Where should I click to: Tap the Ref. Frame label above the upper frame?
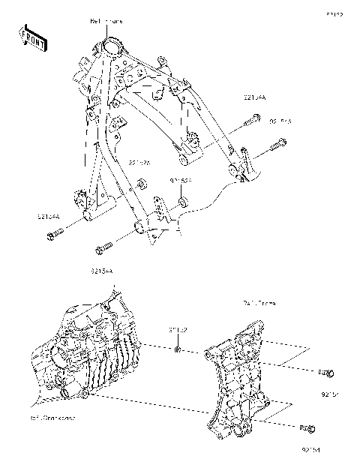[107, 22]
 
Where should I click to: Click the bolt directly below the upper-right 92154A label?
[253, 118]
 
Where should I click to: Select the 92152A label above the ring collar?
[181, 181]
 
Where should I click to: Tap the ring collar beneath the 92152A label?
[183, 203]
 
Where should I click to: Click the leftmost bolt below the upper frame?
[53, 237]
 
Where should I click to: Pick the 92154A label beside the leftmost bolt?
[48, 217]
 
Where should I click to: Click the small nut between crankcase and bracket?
[177, 349]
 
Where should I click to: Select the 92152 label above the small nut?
[177, 329]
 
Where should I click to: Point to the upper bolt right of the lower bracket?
[325, 373]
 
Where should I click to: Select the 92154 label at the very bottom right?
[310, 450]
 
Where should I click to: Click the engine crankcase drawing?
[94, 352]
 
